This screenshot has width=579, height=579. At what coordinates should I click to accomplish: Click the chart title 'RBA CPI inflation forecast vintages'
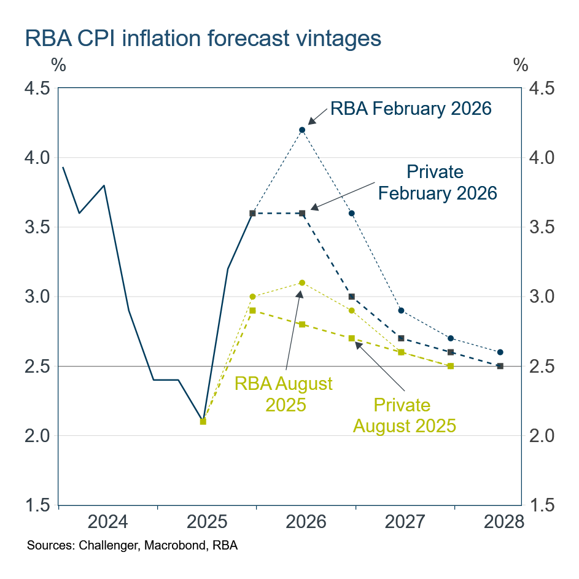click(203, 39)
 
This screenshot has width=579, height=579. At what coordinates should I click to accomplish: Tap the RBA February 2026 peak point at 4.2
click(302, 130)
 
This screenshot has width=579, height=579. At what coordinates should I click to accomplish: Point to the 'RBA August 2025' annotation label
click(284, 394)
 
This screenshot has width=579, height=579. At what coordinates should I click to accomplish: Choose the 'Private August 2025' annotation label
click(404, 415)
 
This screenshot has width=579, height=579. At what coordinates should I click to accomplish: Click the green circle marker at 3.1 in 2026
click(302, 282)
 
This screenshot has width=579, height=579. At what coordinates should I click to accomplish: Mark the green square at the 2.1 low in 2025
click(203, 421)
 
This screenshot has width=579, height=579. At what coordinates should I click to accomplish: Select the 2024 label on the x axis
click(108, 523)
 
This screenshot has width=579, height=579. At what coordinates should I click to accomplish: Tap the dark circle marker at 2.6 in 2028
click(500, 352)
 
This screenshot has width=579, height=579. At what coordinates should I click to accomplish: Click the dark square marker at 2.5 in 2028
click(500, 366)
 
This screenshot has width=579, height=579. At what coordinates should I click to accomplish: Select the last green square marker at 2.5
click(451, 366)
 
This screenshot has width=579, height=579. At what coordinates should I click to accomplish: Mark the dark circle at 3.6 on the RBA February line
click(352, 213)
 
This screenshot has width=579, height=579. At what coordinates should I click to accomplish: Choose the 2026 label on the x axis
click(306, 523)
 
